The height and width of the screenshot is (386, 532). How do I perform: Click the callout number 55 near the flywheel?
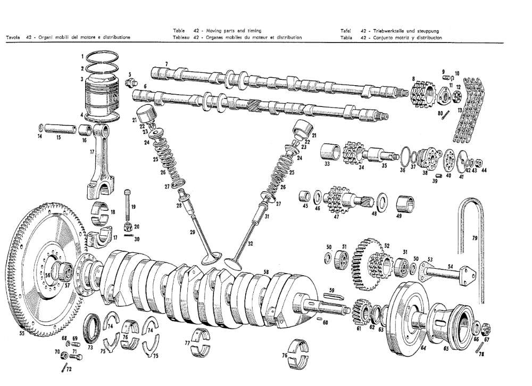pyautogui.click(x=22, y=334)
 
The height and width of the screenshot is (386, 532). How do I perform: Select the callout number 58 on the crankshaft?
pyautogui.click(x=267, y=272)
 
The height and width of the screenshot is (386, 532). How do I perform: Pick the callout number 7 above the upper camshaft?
pyautogui.click(x=167, y=64)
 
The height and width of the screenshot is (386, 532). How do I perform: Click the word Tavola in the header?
pyautogui.click(x=13, y=37)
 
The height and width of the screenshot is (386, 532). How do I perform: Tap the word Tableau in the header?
pyautogui.click(x=182, y=37)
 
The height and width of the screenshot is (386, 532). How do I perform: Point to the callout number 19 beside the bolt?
pyautogui.click(x=134, y=206)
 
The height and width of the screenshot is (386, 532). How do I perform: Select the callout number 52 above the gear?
pyautogui.click(x=387, y=245)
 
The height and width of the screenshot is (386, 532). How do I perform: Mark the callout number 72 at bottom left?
pyautogui.click(x=68, y=369)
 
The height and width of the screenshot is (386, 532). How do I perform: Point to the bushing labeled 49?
pyautogui.click(x=406, y=203)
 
